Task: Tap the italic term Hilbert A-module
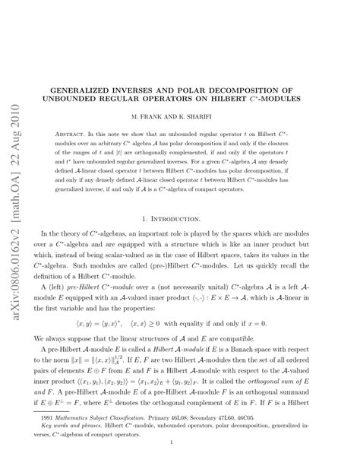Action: point(179,342)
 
